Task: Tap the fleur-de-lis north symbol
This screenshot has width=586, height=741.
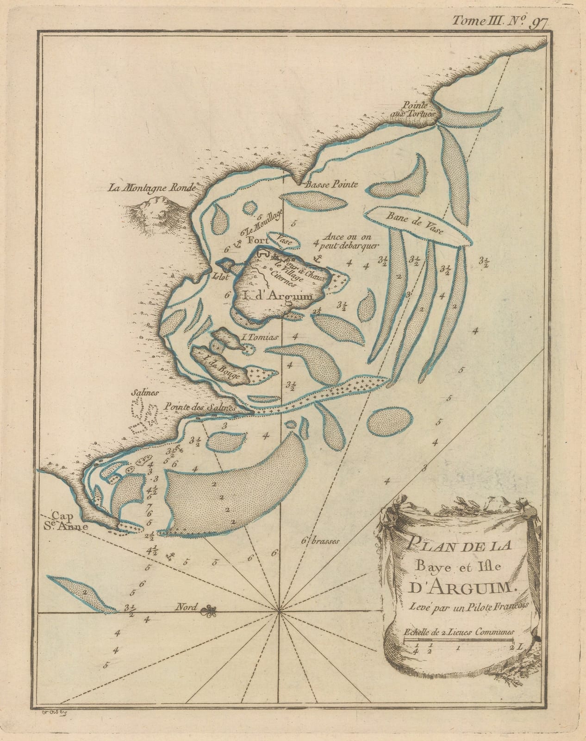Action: tap(211, 611)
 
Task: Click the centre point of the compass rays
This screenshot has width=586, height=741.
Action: tap(279, 612)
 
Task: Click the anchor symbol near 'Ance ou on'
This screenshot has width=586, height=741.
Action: tap(318, 257)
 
